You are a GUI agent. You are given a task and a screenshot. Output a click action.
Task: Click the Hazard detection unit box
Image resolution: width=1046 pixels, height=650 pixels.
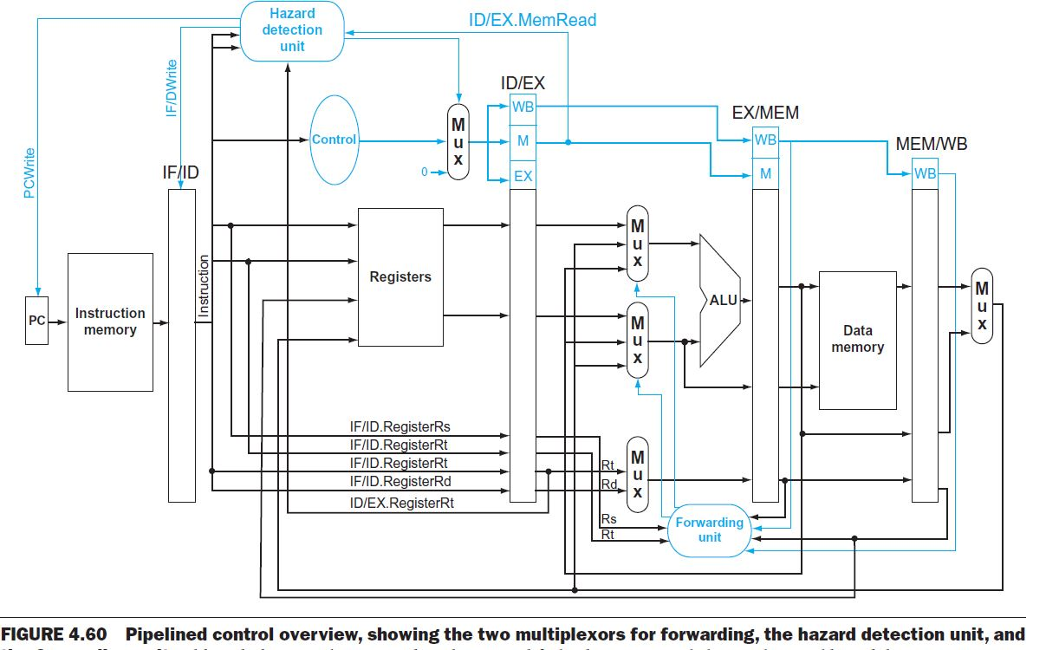[x=292, y=30]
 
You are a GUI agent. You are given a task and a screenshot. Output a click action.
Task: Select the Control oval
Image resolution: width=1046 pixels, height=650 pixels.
[x=334, y=140]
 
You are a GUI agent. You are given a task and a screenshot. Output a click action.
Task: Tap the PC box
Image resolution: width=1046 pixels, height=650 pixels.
[x=36, y=321]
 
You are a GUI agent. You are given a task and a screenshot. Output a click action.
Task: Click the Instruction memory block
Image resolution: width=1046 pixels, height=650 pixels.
[x=110, y=322]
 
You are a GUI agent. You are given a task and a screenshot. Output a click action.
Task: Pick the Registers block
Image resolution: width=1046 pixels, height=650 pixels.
[x=400, y=277]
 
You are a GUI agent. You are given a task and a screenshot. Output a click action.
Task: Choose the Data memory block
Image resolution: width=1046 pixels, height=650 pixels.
[x=857, y=339]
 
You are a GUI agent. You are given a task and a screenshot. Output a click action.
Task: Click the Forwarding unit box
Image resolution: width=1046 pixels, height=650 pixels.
[x=709, y=530]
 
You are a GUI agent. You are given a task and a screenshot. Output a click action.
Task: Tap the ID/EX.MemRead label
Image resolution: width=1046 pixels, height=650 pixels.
[x=532, y=20]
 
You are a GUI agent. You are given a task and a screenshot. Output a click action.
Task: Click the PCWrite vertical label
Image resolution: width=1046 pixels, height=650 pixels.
[x=29, y=173]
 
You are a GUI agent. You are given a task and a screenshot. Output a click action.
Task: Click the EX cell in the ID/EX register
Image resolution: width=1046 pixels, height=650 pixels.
[x=523, y=176]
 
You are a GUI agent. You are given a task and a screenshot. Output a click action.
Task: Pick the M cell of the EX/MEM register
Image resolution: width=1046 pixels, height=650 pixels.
[x=765, y=174]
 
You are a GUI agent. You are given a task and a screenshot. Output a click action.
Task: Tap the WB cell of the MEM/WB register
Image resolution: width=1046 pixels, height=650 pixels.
[x=925, y=173]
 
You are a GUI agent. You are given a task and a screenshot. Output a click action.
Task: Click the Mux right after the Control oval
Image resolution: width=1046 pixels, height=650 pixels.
[x=458, y=142]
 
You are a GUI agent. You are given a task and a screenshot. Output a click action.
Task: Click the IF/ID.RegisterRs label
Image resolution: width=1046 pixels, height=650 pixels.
[x=400, y=427]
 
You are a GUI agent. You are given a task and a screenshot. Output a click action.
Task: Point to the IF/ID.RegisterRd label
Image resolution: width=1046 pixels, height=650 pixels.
[x=400, y=482]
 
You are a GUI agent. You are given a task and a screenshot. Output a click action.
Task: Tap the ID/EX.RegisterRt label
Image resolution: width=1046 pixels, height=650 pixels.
[x=402, y=502]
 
